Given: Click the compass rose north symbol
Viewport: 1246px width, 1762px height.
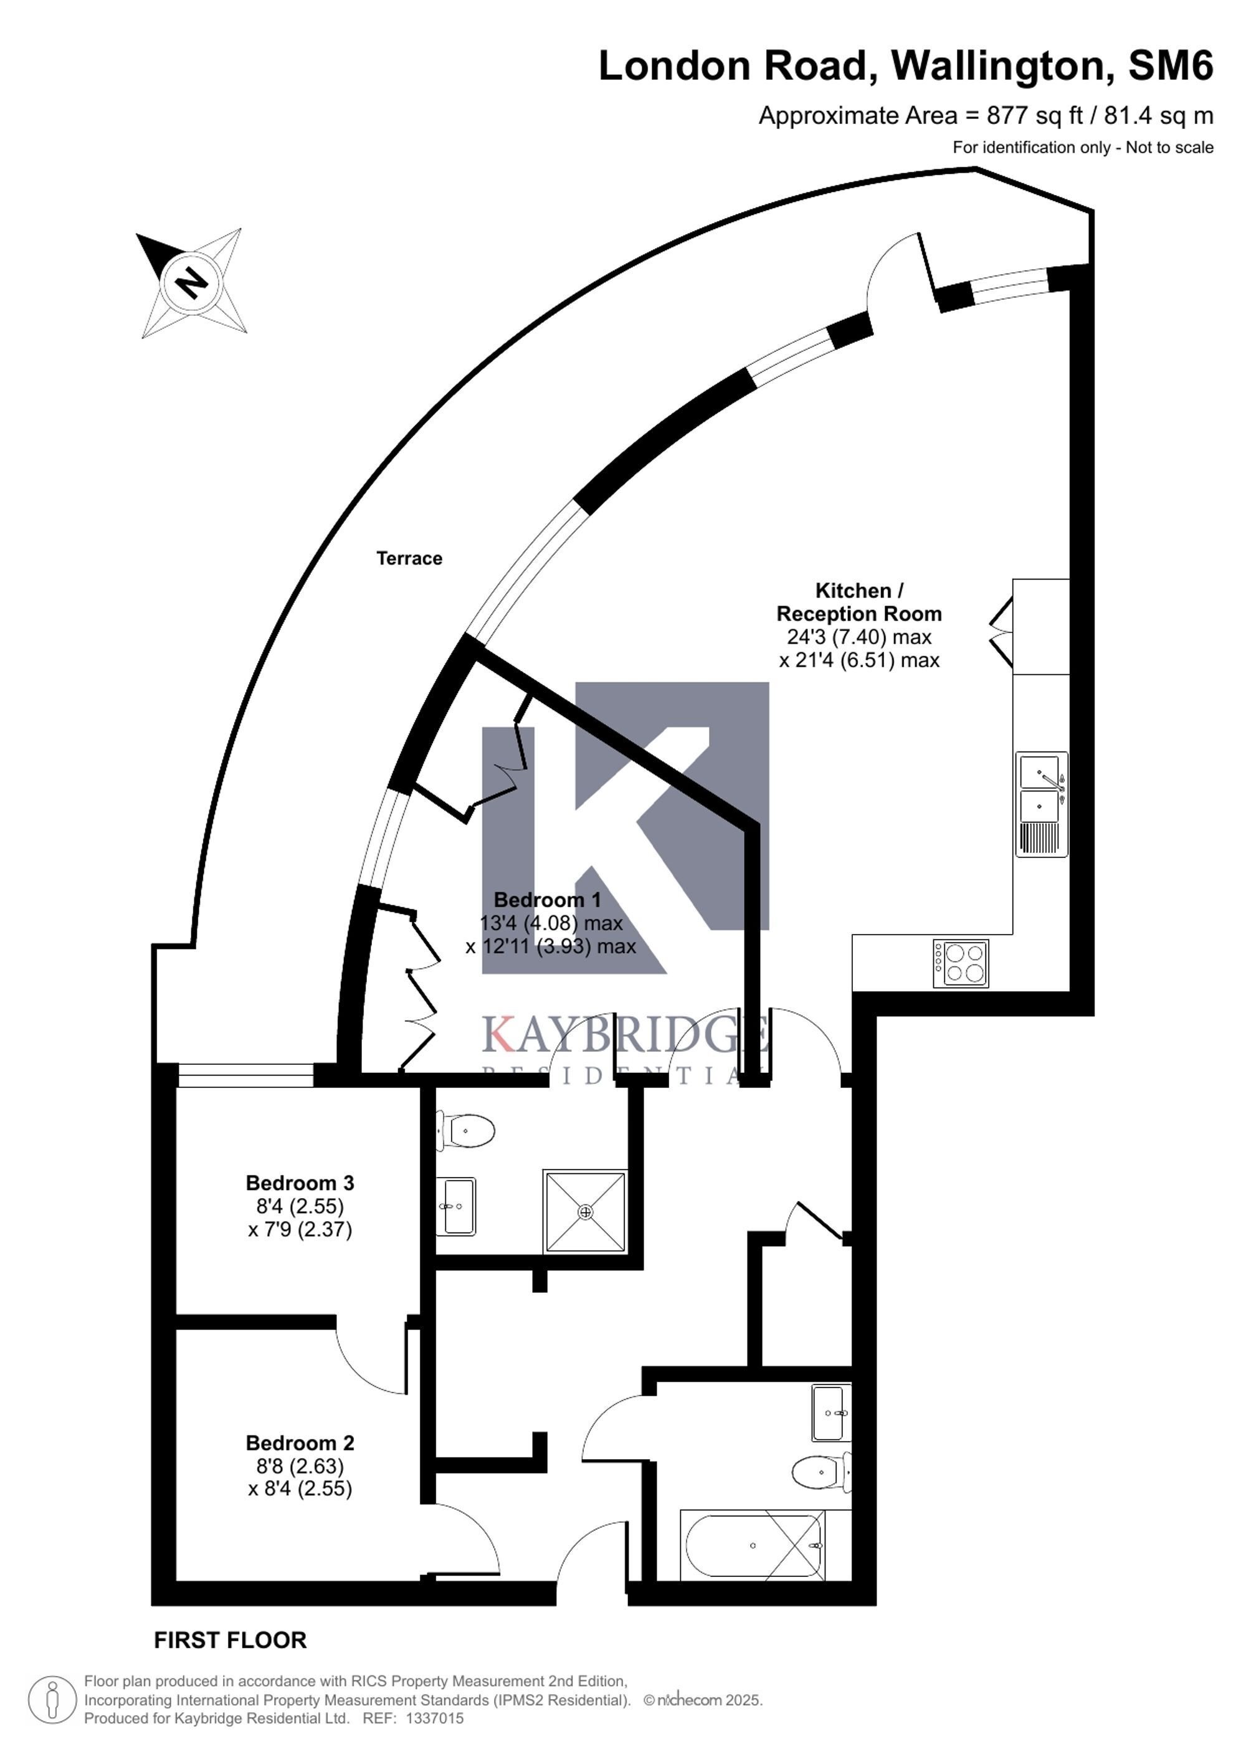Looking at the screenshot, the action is pos(192,282).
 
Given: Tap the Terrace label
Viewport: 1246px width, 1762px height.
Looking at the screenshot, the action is pos(409,559).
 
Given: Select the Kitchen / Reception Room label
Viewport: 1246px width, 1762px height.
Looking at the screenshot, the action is pos(859,602).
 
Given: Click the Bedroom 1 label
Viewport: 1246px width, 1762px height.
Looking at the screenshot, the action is pos(547,900).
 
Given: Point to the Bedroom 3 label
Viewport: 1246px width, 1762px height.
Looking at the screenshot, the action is pos(300,1183).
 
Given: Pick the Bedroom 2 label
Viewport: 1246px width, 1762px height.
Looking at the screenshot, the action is pos(300,1443).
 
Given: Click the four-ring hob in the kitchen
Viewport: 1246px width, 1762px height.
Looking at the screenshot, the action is pos(961,963).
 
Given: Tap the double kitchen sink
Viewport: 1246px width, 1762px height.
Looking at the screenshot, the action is pos(1041,804).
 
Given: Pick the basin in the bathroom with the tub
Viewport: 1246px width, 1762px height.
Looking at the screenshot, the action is pos(832,1413).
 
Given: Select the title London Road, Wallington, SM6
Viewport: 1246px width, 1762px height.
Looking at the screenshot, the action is pos(905,66).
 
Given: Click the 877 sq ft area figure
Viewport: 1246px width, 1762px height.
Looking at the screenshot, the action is pos(1035,116).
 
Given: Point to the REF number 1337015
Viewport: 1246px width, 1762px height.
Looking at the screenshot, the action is pos(434,1718).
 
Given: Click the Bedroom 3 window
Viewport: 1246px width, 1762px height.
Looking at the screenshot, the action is pos(245,1075).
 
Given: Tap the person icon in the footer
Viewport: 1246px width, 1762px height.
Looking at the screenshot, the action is pos(53,1700).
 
